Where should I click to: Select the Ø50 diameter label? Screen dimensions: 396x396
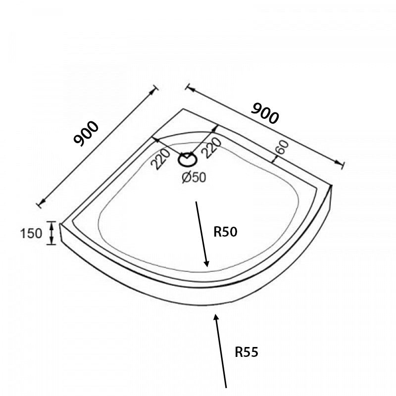pos(194,177)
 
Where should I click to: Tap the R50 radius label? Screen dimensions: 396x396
pos(225,232)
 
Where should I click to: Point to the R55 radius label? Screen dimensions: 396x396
pos(247,352)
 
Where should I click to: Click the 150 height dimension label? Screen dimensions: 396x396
pos(31,233)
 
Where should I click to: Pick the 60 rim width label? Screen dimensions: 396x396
pos(282,147)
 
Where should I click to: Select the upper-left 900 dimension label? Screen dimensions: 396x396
pos(86,133)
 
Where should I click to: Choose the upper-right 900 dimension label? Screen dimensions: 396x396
pos(265,113)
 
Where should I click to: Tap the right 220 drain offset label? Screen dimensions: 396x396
pos(212,148)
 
